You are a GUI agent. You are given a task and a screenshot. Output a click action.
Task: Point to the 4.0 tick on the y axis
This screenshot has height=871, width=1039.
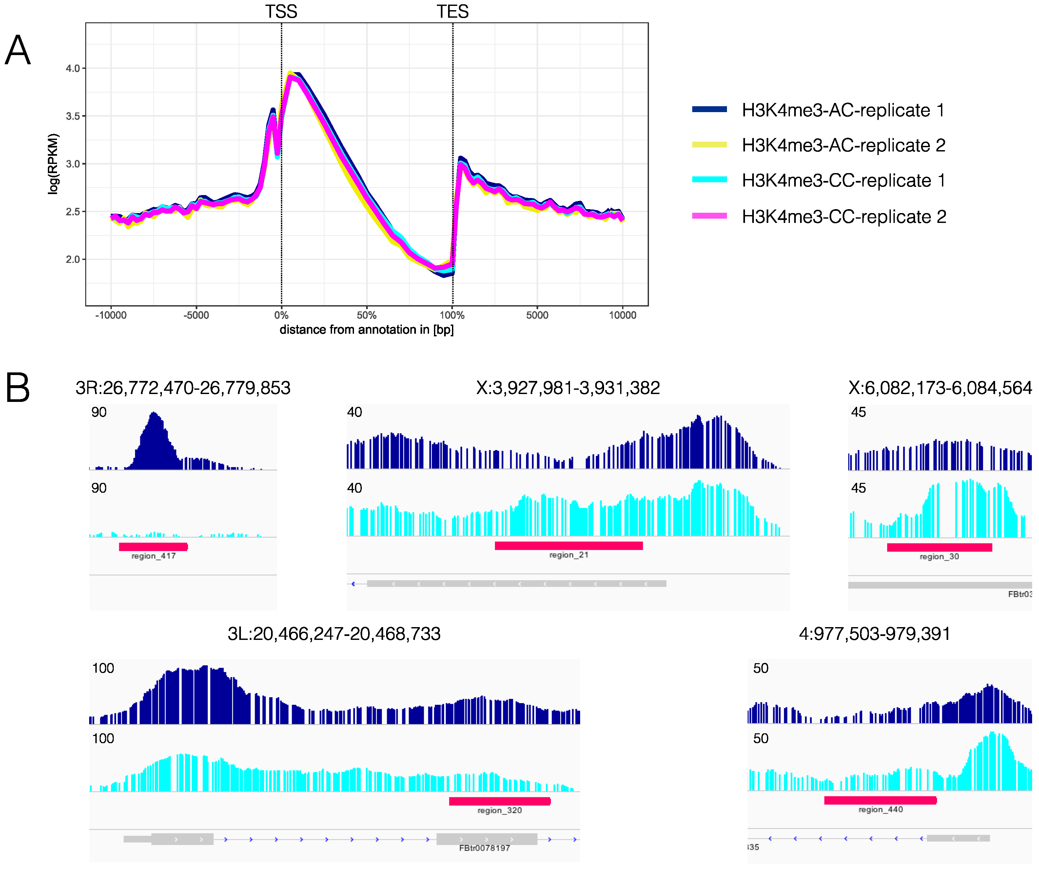coord(73,68)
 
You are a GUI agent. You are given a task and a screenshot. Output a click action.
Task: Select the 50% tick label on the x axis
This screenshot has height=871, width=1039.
coord(367,315)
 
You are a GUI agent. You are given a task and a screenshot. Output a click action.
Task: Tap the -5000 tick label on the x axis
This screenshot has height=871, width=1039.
coord(196,315)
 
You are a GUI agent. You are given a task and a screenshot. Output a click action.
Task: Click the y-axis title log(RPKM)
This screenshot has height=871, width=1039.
coord(53,164)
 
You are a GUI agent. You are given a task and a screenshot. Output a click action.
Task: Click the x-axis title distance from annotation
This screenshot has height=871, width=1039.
coord(367,329)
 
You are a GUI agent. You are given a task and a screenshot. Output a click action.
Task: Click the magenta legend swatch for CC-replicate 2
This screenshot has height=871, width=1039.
coord(709,216)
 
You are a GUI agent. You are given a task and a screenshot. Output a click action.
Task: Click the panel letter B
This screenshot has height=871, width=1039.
coord(18,388)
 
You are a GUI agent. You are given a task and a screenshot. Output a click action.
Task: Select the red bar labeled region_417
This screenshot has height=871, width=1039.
coord(153,547)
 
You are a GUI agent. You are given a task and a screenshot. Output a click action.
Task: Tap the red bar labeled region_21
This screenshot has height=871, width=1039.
coord(568,546)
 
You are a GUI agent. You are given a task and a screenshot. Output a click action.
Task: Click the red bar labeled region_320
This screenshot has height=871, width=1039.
coord(500,801)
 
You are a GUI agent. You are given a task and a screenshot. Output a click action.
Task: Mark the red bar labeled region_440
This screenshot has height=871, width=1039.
coord(880,800)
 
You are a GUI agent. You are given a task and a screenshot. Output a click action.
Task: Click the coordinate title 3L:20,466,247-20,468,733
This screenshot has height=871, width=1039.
coord(334,634)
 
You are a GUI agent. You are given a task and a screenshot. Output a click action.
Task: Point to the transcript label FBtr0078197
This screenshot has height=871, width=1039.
coord(484,848)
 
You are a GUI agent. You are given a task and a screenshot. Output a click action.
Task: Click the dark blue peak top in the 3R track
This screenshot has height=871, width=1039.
coord(154,414)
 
